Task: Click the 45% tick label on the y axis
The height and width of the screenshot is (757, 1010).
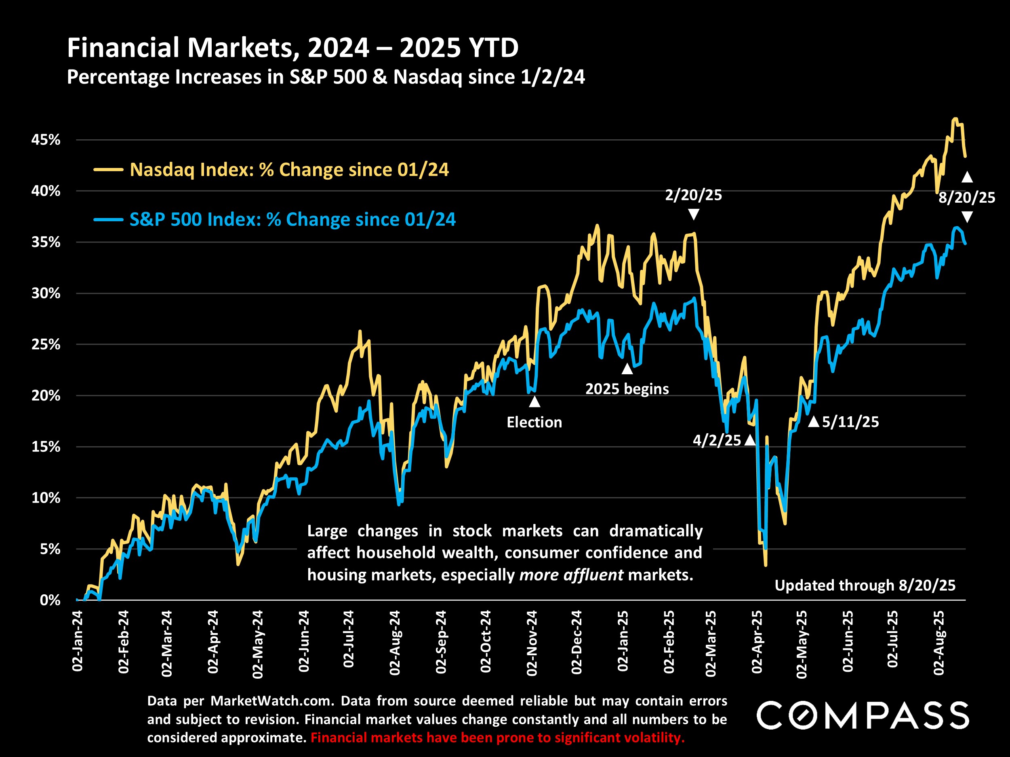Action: click(46, 140)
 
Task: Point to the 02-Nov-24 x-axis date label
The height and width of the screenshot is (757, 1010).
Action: click(532, 642)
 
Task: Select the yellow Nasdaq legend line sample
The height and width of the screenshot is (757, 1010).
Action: click(108, 170)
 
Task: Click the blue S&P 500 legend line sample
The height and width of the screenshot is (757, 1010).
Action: click(108, 220)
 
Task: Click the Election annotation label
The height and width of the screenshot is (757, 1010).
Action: click(534, 422)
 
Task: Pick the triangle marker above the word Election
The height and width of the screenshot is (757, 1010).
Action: click(534, 402)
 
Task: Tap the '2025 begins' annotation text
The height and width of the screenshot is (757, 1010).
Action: click(627, 389)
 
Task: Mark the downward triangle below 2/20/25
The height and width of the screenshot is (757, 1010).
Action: click(694, 214)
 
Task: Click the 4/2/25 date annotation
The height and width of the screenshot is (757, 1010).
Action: click(717, 440)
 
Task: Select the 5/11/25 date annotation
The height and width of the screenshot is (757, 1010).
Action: click(850, 421)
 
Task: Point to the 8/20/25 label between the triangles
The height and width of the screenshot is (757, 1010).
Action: click(967, 197)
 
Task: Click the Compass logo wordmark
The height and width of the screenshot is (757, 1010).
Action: click(863, 715)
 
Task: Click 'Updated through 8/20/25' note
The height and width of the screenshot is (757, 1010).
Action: click(865, 585)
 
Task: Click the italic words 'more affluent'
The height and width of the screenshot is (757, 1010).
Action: click(571, 575)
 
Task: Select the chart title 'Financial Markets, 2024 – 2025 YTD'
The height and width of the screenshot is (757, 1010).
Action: click(292, 48)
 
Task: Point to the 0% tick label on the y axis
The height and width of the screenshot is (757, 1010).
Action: click(50, 600)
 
